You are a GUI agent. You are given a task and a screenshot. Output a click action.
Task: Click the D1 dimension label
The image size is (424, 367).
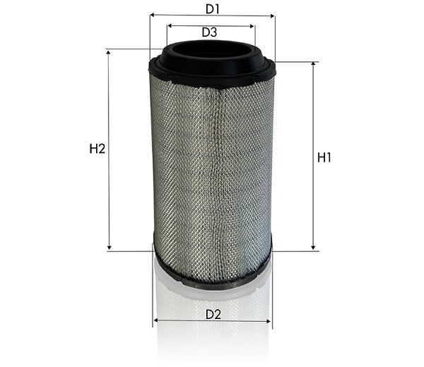click(213, 9)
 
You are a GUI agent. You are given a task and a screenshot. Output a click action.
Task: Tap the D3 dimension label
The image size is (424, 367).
click(210, 32)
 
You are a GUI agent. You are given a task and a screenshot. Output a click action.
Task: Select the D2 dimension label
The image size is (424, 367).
click(213, 315)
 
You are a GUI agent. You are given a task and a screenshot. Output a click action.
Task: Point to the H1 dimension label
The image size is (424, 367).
click(324, 157)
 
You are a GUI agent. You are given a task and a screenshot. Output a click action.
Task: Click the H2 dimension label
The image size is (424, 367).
click(98, 149)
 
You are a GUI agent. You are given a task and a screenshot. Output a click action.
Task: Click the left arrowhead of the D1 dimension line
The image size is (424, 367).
click(152, 15)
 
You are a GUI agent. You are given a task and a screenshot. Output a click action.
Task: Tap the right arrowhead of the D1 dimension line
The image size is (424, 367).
click(272, 16)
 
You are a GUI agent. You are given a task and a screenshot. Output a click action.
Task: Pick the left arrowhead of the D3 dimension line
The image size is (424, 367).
click(170, 26)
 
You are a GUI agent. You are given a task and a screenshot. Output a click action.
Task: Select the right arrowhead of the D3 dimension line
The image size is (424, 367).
click(252, 26)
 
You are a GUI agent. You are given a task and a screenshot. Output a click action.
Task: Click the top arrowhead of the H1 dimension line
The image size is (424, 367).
click(313, 64)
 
